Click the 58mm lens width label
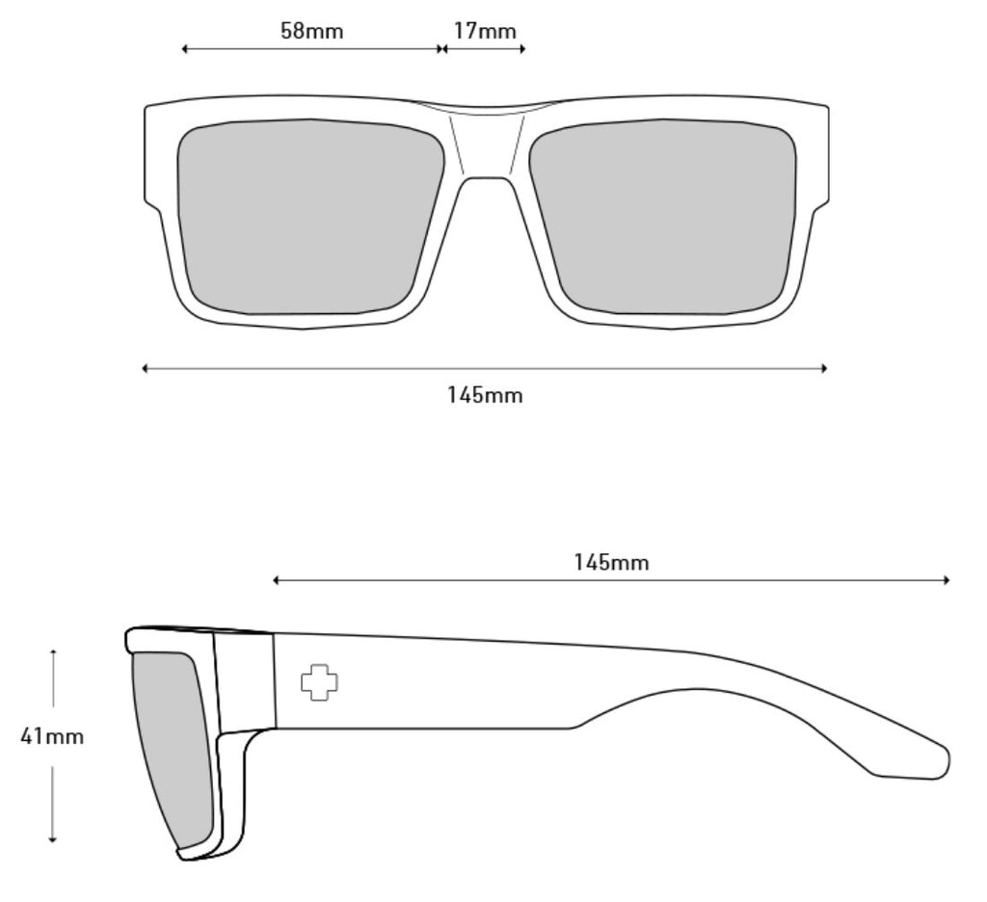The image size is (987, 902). coord(312,30)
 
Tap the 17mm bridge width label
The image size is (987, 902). coord(485,30)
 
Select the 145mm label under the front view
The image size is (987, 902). coord(485,395)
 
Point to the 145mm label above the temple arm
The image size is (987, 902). coord(610,562)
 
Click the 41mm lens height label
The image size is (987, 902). coord(52,736)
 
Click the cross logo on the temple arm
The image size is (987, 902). coord(319,682)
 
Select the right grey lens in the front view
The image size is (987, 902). coord(662,217)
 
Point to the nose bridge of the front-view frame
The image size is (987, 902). coord(487,142)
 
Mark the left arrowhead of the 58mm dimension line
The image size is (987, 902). coord(184,48)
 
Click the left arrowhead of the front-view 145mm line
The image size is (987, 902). coord(146,368)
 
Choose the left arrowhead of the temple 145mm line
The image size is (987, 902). coord(276,580)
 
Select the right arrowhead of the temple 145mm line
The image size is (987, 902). coord(947,580)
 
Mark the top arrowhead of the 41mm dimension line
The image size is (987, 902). coord(54,652)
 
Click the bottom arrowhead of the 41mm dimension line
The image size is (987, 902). coord(54,839)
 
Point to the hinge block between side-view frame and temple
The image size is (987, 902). coord(244,682)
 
